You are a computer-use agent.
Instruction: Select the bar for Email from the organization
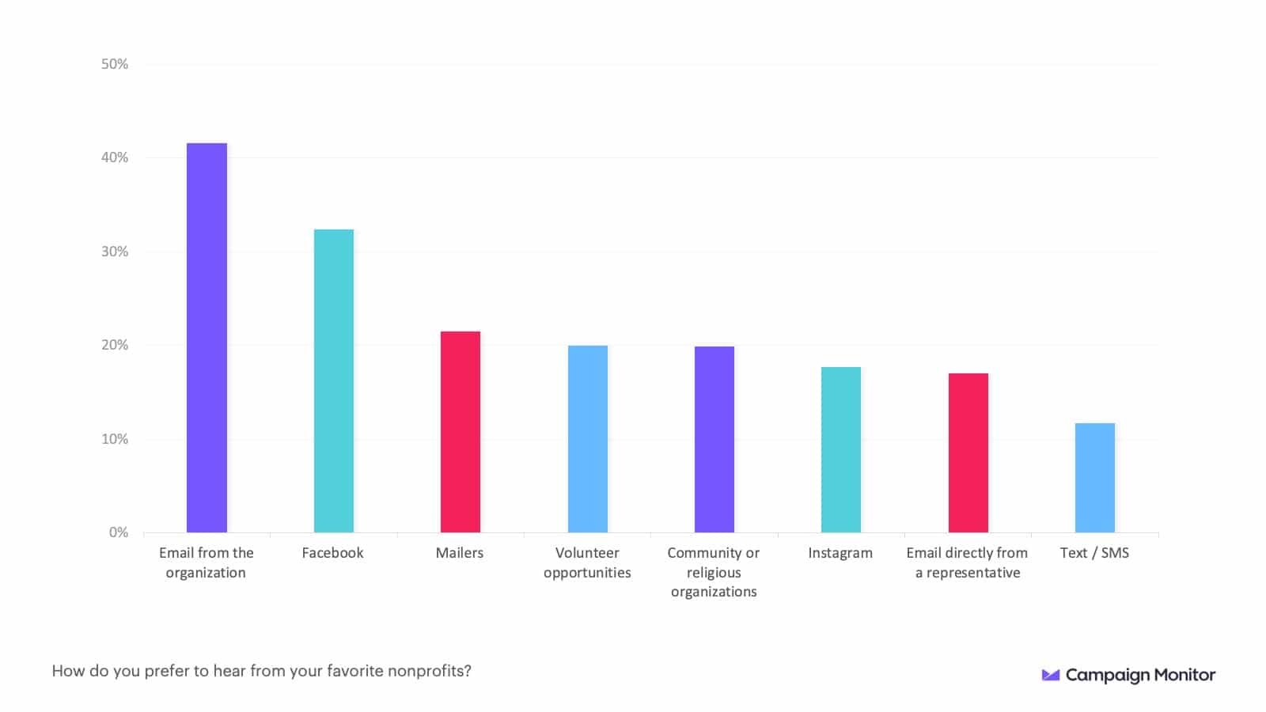(207, 338)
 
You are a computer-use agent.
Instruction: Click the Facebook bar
(334, 381)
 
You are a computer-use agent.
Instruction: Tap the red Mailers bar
(461, 432)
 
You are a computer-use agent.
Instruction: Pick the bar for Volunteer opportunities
(588, 439)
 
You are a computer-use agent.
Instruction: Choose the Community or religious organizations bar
(714, 439)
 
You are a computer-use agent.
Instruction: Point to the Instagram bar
(841, 449)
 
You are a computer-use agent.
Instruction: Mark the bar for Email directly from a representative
(968, 453)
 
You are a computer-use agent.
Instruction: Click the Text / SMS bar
(1095, 478)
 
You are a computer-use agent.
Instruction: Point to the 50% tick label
(115, 64)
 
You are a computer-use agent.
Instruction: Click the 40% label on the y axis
(115, 157)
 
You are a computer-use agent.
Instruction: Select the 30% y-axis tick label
(115, 252)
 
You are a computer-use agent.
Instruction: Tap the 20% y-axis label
(115, 345)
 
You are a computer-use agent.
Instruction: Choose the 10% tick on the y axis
(115, 439)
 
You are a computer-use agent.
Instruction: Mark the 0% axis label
(119, 532)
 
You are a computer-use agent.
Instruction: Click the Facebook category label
(332, 553)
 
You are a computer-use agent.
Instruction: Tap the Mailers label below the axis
(460, 553)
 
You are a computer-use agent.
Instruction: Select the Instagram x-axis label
(840, 553)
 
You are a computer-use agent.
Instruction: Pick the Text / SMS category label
(1094, 553)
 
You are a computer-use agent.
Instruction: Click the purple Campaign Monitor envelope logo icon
(1051, 675)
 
